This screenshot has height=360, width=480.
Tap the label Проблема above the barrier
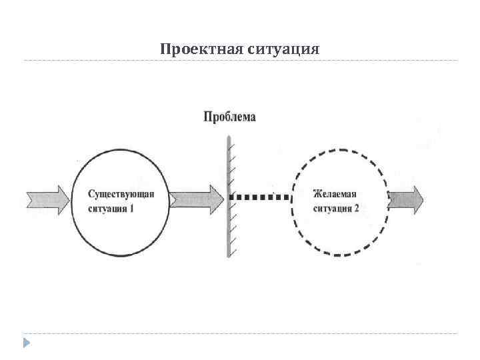[229, 117]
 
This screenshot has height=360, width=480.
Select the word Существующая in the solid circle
[121, 194]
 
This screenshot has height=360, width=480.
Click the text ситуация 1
[111, 208]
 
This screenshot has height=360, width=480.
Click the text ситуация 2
[336, 208]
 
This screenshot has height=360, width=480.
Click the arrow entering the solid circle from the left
[47, 199]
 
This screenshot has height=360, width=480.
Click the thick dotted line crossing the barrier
[260, 197]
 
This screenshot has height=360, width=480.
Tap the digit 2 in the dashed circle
[357, 208]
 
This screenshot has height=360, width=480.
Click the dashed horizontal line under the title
[240, 61]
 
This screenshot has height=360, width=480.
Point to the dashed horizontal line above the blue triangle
[240, 333]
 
